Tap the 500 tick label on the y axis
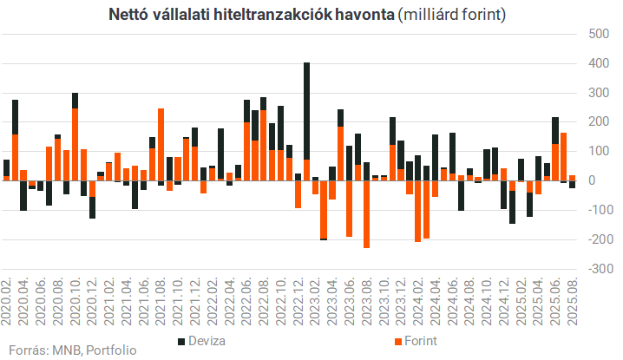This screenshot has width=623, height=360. coord(598,34)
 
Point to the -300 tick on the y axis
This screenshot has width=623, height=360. coord(596,268)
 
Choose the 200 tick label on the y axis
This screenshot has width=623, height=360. coord(598,121)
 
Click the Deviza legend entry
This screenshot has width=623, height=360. coord(207,341)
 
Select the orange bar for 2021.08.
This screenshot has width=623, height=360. coord(161,144)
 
